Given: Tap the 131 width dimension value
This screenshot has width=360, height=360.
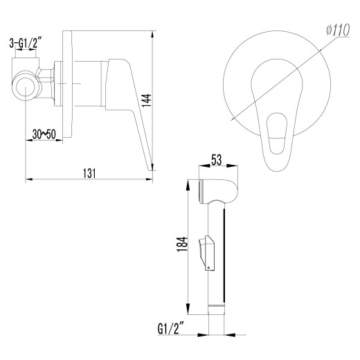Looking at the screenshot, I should [89, 172].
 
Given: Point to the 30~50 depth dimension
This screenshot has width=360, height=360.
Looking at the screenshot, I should [43, 134].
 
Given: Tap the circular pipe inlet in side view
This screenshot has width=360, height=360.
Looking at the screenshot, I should [26, 89].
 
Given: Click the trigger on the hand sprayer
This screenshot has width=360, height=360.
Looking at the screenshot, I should [206, 252].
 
